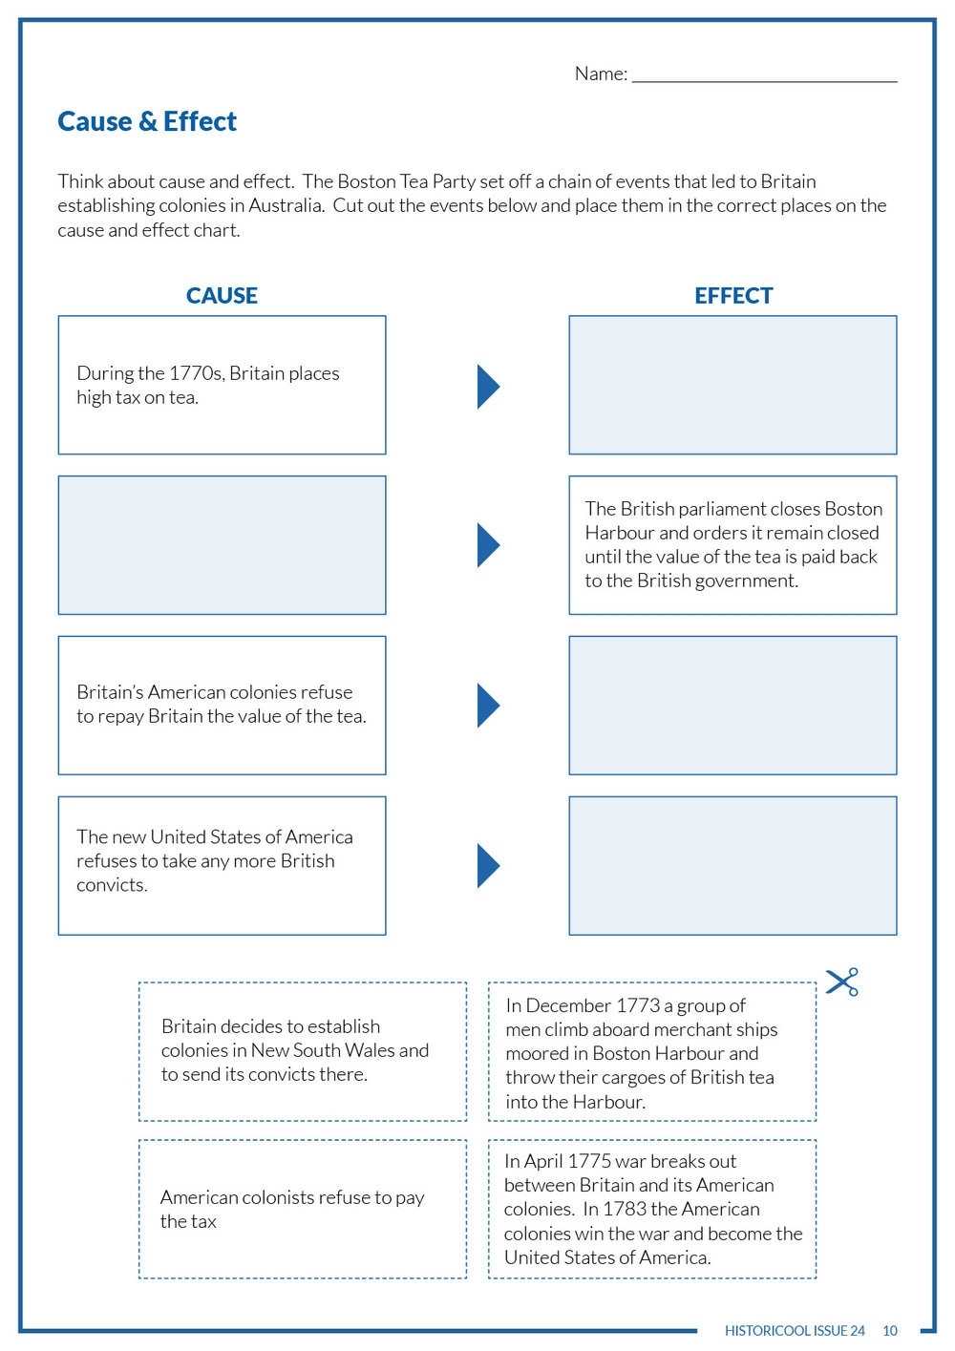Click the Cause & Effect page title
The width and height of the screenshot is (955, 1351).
coord(147,121)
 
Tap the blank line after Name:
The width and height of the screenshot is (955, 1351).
coord(764,74)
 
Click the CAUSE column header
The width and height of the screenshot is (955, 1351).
coord(222,295)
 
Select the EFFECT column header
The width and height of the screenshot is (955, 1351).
coord(732,295)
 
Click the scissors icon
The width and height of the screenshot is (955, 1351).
coord(842,982)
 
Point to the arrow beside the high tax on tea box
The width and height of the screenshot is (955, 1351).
coord(487,386)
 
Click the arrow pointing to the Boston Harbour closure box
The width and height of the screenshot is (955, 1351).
coord(487,545)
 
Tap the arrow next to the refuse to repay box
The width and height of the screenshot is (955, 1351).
coord(487,706)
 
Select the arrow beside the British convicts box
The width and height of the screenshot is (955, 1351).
coord(487,865)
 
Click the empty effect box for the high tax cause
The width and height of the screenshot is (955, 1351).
coord(732,385)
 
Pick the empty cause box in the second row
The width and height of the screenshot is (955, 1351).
coord(222,545)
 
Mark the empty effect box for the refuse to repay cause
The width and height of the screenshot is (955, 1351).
coord(732,706)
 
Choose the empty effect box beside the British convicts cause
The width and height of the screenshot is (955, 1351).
coord(732,865)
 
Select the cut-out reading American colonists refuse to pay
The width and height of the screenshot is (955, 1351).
coord(302,1209)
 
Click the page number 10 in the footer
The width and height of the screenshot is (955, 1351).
coord(890,1330)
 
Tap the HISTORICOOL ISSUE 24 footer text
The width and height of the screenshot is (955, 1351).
coord(795,1330)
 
